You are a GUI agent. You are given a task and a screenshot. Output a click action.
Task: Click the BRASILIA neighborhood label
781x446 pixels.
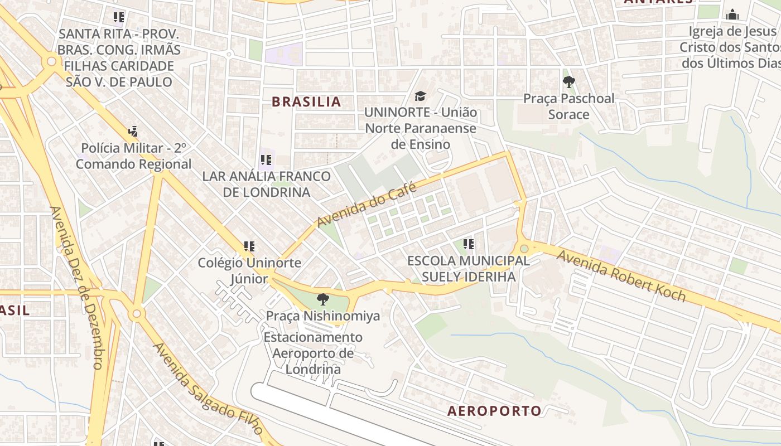(306, 101)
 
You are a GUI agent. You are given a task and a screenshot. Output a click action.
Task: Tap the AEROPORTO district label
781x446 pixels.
(494, 411)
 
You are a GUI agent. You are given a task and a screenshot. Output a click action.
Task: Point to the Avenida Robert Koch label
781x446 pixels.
(621, 276)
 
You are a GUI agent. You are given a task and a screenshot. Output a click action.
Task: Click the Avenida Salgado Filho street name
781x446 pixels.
(208, 389)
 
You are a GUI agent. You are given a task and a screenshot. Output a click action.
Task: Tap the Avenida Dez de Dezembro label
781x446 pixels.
(75, 287)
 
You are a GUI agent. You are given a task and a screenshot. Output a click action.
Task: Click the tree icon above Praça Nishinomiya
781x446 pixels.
(322, 299)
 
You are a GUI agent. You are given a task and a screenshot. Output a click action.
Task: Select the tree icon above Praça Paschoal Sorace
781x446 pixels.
(568, 83)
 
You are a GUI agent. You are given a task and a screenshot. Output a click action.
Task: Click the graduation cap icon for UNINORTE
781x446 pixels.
(420, 96)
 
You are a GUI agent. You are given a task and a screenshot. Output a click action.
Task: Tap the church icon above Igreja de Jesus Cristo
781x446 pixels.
(732, 14)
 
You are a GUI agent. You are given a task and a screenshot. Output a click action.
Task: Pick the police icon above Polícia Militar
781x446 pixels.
(133, 132)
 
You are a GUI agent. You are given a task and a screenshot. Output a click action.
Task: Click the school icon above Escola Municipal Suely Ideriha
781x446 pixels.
(469, 244)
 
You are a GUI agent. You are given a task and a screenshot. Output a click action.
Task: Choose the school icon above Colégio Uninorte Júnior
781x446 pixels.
(249, 246)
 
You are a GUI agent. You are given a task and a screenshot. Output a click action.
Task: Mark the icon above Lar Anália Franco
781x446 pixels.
(266, 160)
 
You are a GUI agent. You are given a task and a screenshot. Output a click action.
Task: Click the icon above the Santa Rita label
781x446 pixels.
(118, 17)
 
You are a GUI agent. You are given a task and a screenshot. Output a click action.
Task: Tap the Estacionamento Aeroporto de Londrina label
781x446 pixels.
(313, 353)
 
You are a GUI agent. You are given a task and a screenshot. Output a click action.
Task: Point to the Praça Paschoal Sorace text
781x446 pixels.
(568, 106)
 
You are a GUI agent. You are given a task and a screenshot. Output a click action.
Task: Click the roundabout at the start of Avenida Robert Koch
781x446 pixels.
(524, 249)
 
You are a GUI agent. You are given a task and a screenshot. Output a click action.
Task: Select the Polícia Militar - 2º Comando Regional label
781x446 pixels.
(133, 156)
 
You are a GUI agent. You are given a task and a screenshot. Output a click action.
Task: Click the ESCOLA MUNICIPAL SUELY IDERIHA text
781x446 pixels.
(468, 268)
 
